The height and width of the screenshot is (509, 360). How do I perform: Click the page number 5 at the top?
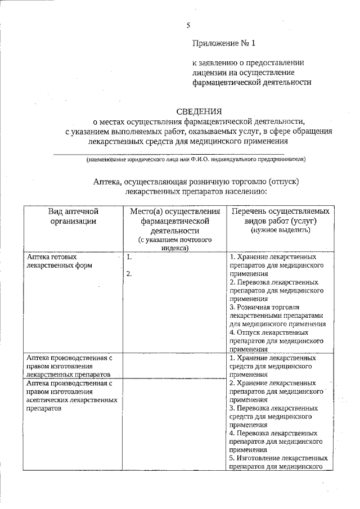pyautogui.click(x=188, y=24)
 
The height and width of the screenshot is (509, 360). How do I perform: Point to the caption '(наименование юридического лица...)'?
pyautogui.click(x=195, y=159)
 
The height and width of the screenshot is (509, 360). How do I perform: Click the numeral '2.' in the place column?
pyautogui.click(x=129, y=274)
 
